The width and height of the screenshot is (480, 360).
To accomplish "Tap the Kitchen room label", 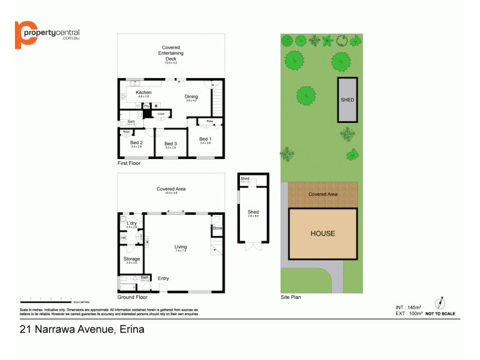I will pyautogui.click(x=143, y=92).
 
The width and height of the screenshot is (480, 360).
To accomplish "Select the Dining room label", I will pyautogui.click(x=191, y=97).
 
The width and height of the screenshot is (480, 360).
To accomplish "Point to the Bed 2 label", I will pyautogui.click(x=136, y=143).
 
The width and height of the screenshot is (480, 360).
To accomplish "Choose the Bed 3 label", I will pyautogui.click(x=170, y=143).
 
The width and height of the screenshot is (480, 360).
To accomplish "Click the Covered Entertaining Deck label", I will pyautogui.click(x=171, y=53).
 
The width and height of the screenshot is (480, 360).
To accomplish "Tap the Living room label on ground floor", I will pyautogui.click(x=181, y=247).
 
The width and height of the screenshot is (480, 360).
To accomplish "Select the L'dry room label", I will pyautogui.click(x=131, y=223).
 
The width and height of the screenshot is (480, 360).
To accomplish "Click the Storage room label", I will pyautogui.click(x=131, y=259).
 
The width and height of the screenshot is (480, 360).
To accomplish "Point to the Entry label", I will pyautogui.click(x=163, y=278).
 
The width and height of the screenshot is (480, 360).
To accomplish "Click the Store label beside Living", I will pyautogui.click(x=217, y=228).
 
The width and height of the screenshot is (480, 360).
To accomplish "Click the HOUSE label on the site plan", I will pyautogui.click(x=323, y=233).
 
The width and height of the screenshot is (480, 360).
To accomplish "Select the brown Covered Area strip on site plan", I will pyautogui.click(x=323, y=194).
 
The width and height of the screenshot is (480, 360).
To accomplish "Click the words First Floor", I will pyautogui.click(x=129, y=163).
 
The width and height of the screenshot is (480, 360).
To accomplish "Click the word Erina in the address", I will pyautogui.click(x=131, y=329).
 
